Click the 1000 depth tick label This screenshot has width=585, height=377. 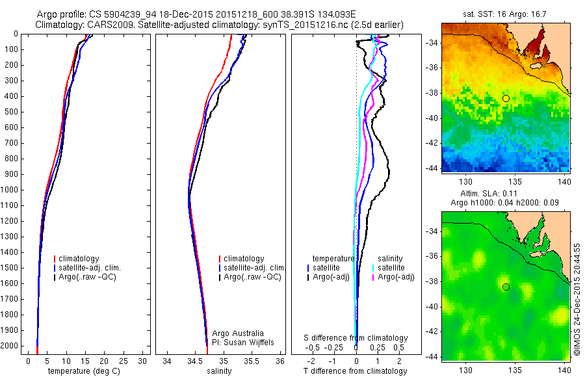point(10,190)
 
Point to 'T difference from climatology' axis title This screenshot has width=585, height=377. point(355,371)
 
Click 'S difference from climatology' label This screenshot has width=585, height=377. point(356,338)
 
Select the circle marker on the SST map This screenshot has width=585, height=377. point(506,98)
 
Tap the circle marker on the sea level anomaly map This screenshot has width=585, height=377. point(506,287)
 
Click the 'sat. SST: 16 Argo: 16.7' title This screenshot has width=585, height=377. point(506,14)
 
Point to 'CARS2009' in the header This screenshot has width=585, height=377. point(105,25)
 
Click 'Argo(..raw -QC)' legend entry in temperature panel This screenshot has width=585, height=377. point(89,278)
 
